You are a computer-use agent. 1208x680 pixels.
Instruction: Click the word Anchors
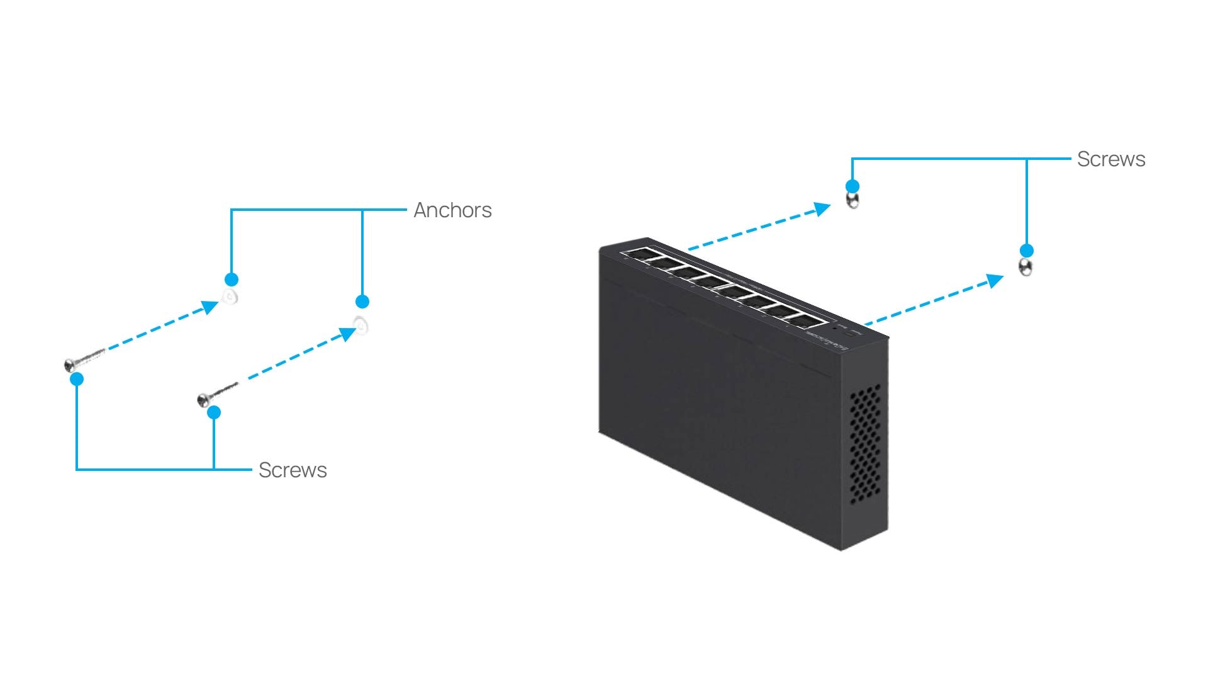pos(452,210)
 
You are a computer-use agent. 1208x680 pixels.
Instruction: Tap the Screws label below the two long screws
pos(293,470)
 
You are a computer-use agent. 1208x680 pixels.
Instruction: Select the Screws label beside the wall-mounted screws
pos(1110,159)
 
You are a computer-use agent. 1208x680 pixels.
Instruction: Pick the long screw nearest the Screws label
pos(217,394)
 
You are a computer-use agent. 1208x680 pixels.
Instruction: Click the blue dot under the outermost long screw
pos(77,379)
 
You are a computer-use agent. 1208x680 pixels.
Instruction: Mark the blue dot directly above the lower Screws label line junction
pos(214,412)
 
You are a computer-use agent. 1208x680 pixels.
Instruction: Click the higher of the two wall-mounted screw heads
pos(853,201)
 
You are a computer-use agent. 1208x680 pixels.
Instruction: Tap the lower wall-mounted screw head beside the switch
pos(1026,268)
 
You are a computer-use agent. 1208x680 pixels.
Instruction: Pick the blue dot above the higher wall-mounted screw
pos(853,186)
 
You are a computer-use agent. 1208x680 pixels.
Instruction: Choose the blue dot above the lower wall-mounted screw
pos(1026,251)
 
